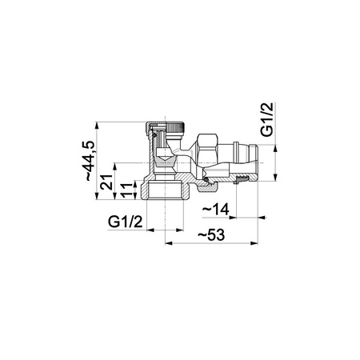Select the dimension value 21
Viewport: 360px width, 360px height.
106,182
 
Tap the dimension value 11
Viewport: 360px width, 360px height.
126,190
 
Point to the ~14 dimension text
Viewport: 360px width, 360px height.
216,210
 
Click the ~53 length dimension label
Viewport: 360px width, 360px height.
211,235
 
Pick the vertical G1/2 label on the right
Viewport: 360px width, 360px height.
267,119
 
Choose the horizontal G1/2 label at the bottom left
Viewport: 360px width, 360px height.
126,222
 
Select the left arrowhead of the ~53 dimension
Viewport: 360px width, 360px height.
169,243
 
